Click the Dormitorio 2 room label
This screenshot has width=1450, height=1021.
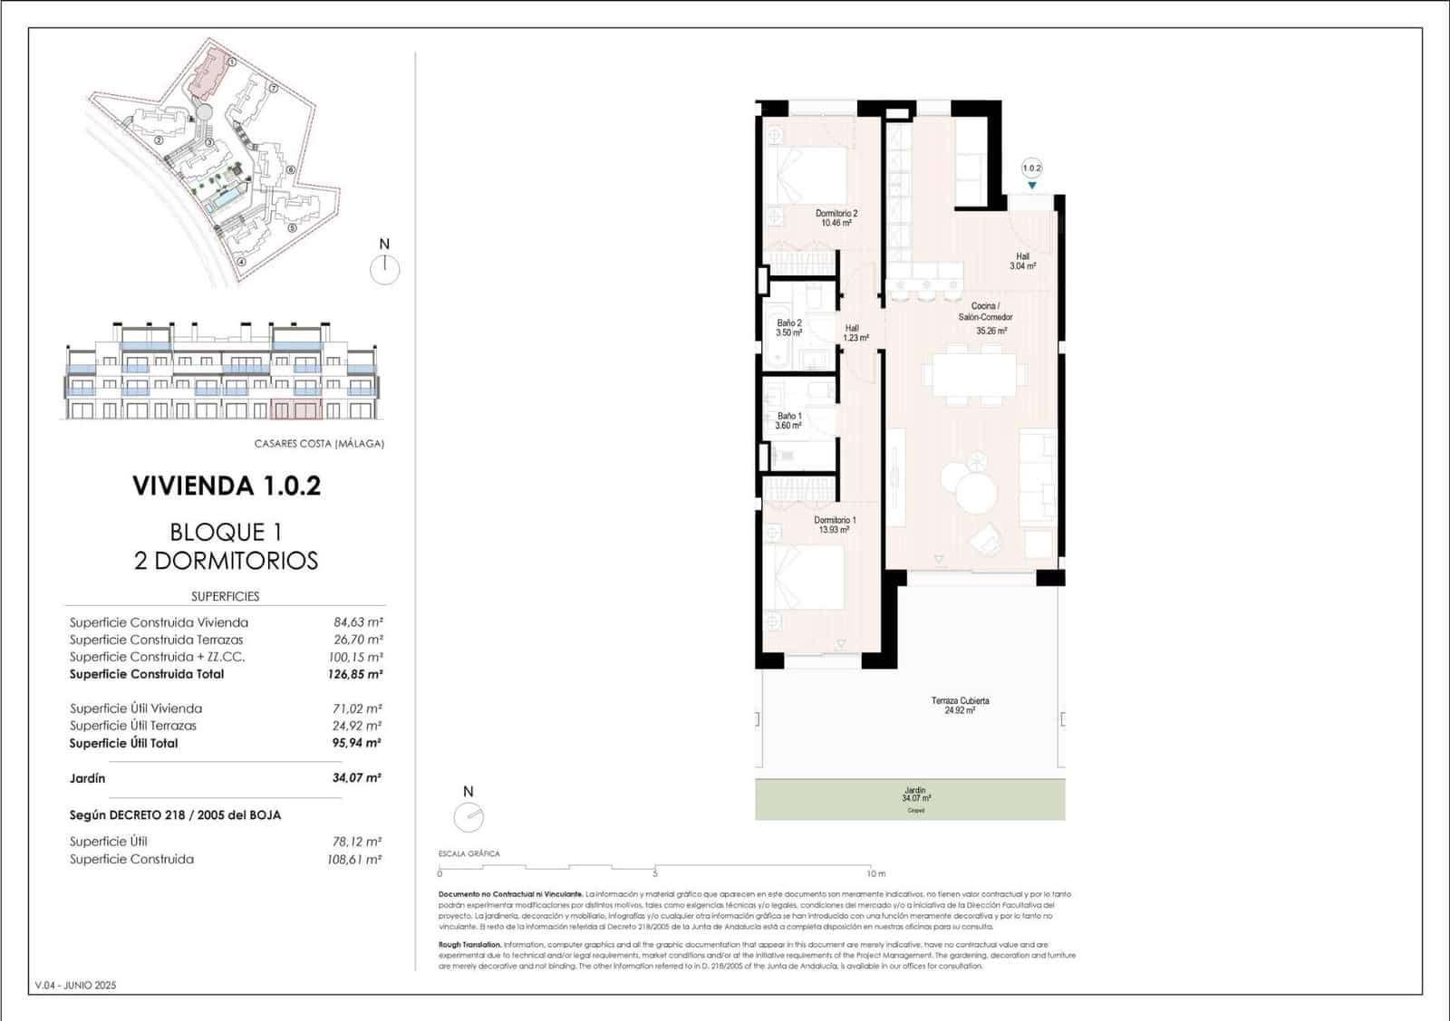coord(836,217)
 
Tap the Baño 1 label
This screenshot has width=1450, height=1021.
coord(788,420)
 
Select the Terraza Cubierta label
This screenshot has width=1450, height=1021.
coord(960,705)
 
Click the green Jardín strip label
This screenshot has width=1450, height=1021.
coord(915,795)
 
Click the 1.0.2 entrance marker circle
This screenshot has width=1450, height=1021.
coord(1031,168)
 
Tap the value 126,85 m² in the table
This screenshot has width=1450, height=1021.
coord(354,674)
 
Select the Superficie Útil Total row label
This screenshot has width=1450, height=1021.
coord(124,743)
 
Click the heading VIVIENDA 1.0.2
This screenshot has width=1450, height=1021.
coord(227,486)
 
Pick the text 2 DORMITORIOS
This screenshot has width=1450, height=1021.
coord(227,560)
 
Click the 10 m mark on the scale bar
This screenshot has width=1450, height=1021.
coord(875,873)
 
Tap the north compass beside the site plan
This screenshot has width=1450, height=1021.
coord(385,268)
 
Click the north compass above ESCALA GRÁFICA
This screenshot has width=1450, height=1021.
coord(469,817)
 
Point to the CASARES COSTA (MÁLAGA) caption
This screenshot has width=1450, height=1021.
coord(319,444)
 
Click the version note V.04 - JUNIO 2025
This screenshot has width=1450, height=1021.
coord(75,985)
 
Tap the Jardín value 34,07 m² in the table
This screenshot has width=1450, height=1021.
coord(356,777)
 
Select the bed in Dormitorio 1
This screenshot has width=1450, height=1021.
coord(807,580)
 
